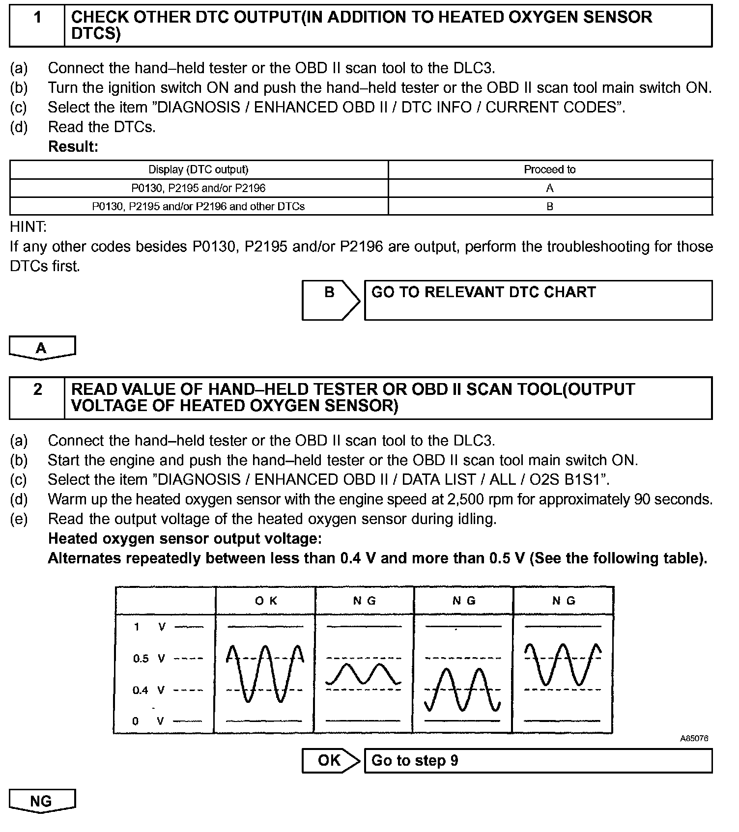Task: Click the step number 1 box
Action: [x=37, y=26]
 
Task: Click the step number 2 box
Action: [x=37, y=398]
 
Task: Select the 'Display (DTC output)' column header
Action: [x=199, y=169]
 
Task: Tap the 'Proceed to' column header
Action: [x=549, y=169]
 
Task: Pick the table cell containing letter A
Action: [x=549, y=188]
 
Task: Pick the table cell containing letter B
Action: [x=549, y=206]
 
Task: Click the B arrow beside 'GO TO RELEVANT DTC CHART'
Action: [x=330, y=300]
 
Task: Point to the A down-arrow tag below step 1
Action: [x=42, y=348]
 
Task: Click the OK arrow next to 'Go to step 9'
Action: [x=330, y=760]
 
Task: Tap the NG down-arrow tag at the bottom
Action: [x=42, y=801]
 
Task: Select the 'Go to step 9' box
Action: [x=538, y=761]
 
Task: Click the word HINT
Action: [x=28, y=227]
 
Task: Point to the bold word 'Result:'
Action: [x=73, y=146]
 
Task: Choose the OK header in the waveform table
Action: [x=266, y=601]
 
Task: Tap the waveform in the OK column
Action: [x=265, y=673]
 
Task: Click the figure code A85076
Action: [x=694, y=738]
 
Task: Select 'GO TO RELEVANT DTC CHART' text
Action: [x=483, y=292]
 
